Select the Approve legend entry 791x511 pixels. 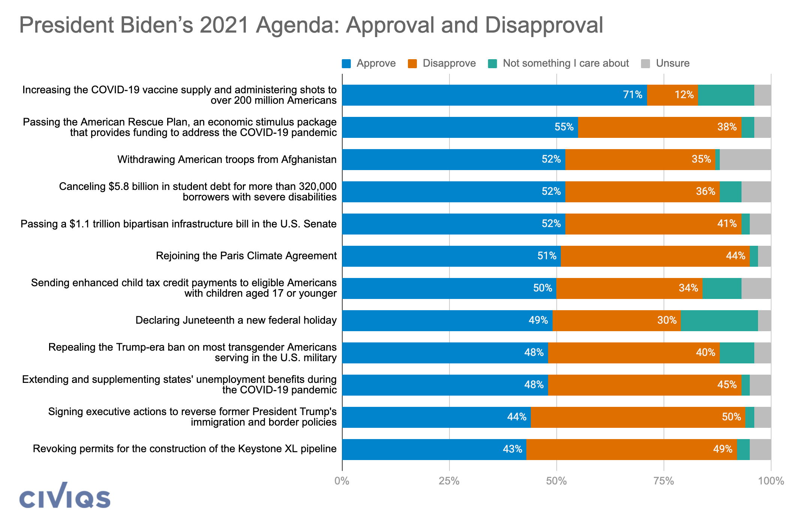369,63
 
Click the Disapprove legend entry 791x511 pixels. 442,63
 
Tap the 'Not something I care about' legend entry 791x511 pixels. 559,63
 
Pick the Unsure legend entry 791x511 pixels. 665,63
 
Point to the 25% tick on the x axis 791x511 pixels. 449,481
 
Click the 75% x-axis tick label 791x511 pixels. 664,481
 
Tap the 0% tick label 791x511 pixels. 342,481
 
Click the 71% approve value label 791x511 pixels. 632,95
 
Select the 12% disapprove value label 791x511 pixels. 684,95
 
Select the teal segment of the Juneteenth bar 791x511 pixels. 719,321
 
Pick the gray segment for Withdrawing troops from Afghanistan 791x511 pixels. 745,160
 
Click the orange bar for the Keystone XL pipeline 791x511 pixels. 631,450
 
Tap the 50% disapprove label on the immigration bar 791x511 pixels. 731,417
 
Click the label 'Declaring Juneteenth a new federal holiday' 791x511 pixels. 236,320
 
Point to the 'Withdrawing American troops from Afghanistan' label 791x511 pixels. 227,160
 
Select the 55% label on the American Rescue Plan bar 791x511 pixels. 564,127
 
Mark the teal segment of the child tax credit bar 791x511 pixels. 722,288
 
